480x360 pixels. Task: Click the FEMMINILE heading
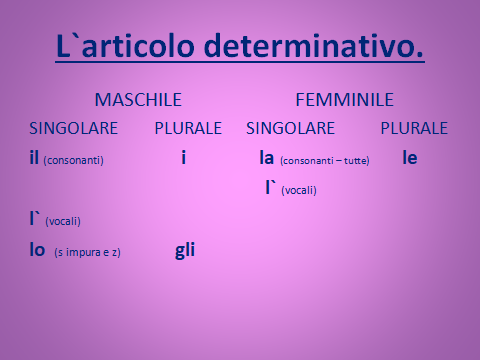pyautogui.click(x=344, y=100)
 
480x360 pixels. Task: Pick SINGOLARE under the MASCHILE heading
pyautogui.click(x=74, y=129)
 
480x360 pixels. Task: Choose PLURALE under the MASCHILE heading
pyautogui.click(x=189, y=129)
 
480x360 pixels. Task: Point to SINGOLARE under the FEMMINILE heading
pyautogui.click(x=291, y=129)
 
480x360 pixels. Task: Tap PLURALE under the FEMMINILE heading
pyautogui.click(x=414, y=129)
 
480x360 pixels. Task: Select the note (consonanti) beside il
pyautogui.click(x=75, y=160)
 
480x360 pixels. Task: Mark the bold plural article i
pyautogui.click(x=184, y=157)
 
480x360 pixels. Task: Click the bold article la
pyautogui.click(x=267, y=157)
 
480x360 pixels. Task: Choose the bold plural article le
pyautogui.click(x=409, y=157)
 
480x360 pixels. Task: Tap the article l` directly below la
pyautogui.click(x=270, y=187)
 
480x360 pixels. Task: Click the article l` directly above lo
pyautogui.click(x=35, y=219)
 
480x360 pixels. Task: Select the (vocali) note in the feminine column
pyautogui.click(x=300, y=190)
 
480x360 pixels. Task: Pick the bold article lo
pyautogui.click(x=37, y=250)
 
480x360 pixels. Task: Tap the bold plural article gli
pyautogui.click(x=184, y=251)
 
